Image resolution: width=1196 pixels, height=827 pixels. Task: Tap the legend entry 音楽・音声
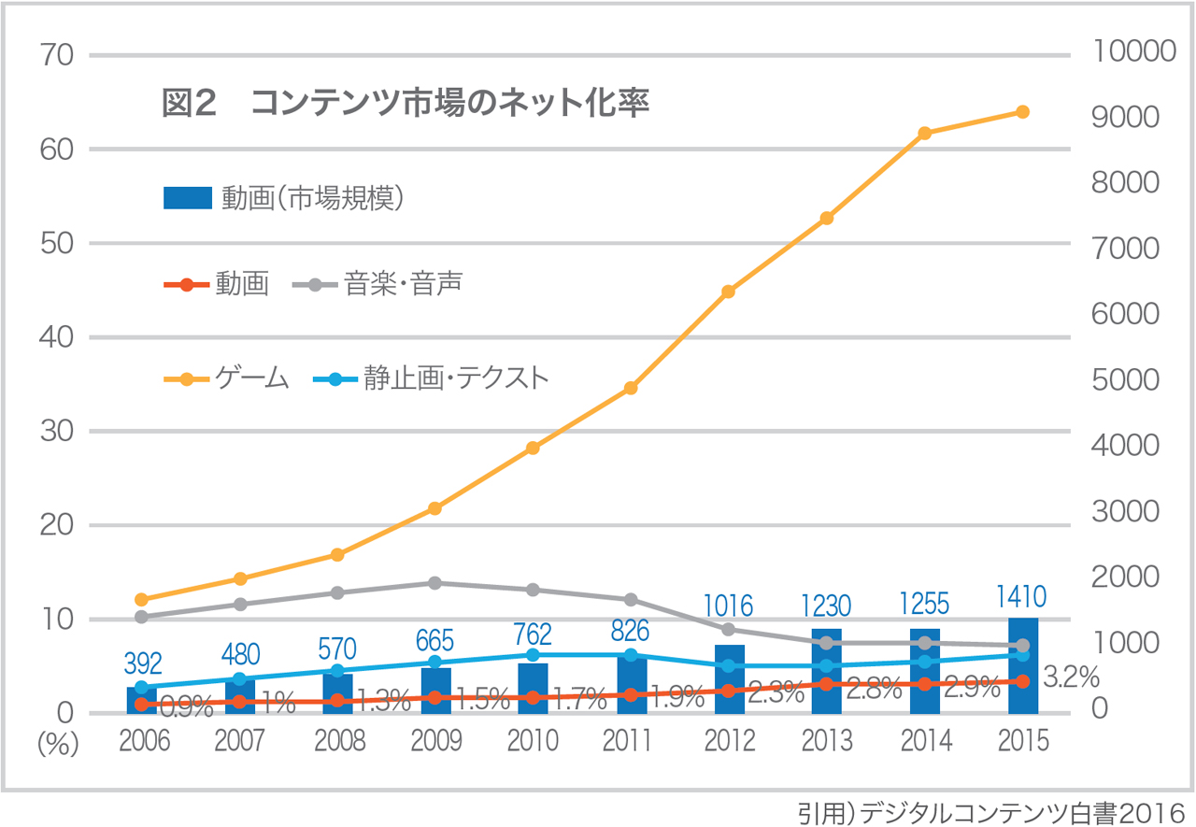[x=403, y=284]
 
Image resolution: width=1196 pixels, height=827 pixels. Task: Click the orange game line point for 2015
[x=1022, y=112]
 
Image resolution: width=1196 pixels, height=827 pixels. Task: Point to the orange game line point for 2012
[x=729, y=292]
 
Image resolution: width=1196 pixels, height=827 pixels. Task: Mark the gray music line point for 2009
[x=434, y=583]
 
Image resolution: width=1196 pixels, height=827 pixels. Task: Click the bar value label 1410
[x=1022, y=596]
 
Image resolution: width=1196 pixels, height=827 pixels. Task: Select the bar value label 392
[x=142, y=663]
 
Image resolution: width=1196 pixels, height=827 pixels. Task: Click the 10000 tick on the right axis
[x=1133, y=51]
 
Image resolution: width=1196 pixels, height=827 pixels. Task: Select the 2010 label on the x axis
[x=533, y=741]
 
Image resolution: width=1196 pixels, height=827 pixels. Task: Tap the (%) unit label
[x=59, y=744]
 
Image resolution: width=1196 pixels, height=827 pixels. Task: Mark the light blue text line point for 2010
[x=533, y=655]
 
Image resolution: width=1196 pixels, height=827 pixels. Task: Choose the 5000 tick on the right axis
[x=1125, y=380]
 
